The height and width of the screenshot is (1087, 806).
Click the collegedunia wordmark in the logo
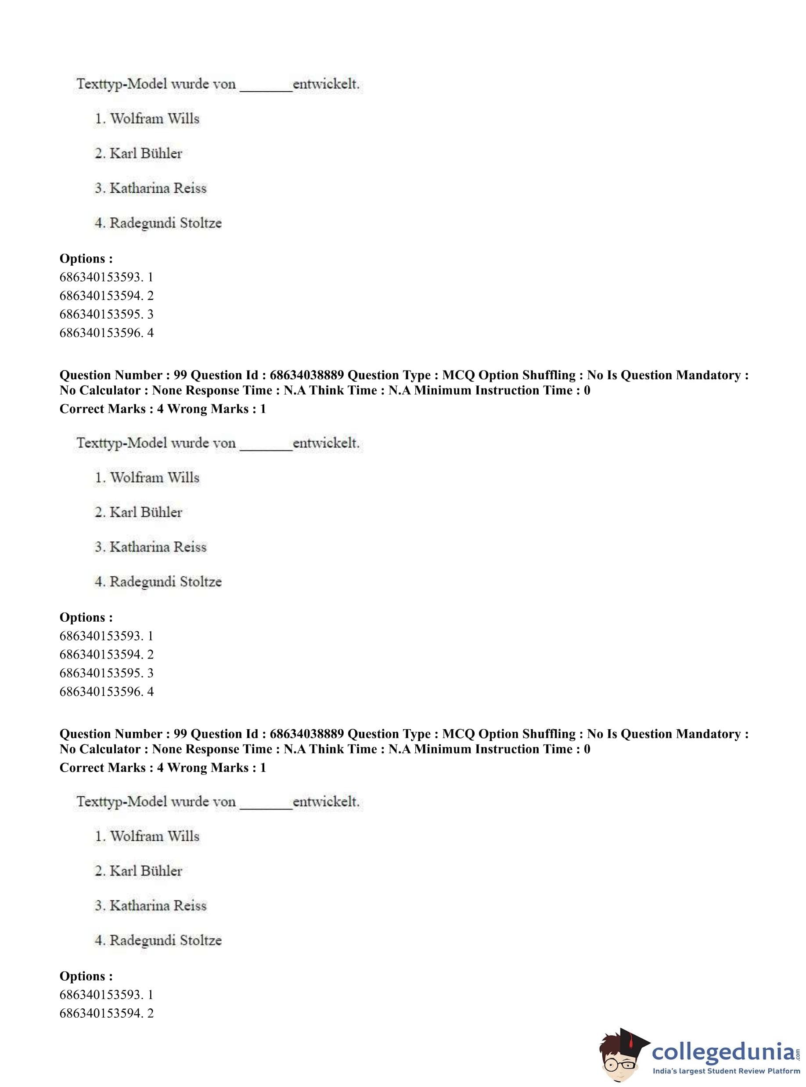tap(723, 1051)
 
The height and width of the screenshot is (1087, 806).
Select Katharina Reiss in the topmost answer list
tap(158, 188)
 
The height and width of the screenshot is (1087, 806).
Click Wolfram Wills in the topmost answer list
tap(154, 119)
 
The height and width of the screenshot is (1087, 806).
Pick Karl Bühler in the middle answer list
tap(145, 512)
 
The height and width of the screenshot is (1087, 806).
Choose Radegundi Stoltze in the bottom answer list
tap(166, 940)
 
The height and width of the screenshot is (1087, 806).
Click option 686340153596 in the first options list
tap(106, 333)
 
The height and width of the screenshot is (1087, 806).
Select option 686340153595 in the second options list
tap(106, 673)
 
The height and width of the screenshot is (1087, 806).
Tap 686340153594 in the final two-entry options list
tap(106, 1013)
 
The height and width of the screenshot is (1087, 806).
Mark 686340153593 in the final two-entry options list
tap(106, 995)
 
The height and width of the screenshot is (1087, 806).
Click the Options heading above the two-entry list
tap(86, 976)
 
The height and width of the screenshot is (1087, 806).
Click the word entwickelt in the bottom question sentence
tap(325, 802)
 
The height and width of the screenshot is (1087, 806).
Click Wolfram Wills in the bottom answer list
tap(154, 836)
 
